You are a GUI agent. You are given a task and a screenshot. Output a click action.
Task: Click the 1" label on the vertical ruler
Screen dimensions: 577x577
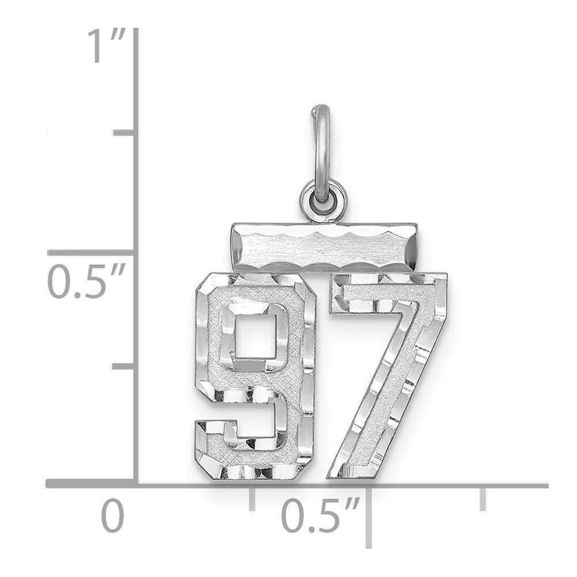tap(104, 47)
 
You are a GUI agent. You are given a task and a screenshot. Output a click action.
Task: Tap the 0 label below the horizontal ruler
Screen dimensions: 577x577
tap(113, 516)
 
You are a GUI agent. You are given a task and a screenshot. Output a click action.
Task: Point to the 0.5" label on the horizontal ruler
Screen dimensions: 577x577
tap(320, 516)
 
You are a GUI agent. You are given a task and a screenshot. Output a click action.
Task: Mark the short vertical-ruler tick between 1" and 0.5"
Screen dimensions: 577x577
tap(124, 133)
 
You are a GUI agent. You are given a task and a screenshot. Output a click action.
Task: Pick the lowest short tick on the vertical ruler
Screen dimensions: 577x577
tap(124, 366)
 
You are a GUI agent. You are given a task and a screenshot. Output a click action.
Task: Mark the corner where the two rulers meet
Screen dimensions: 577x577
tap(136, 484)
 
